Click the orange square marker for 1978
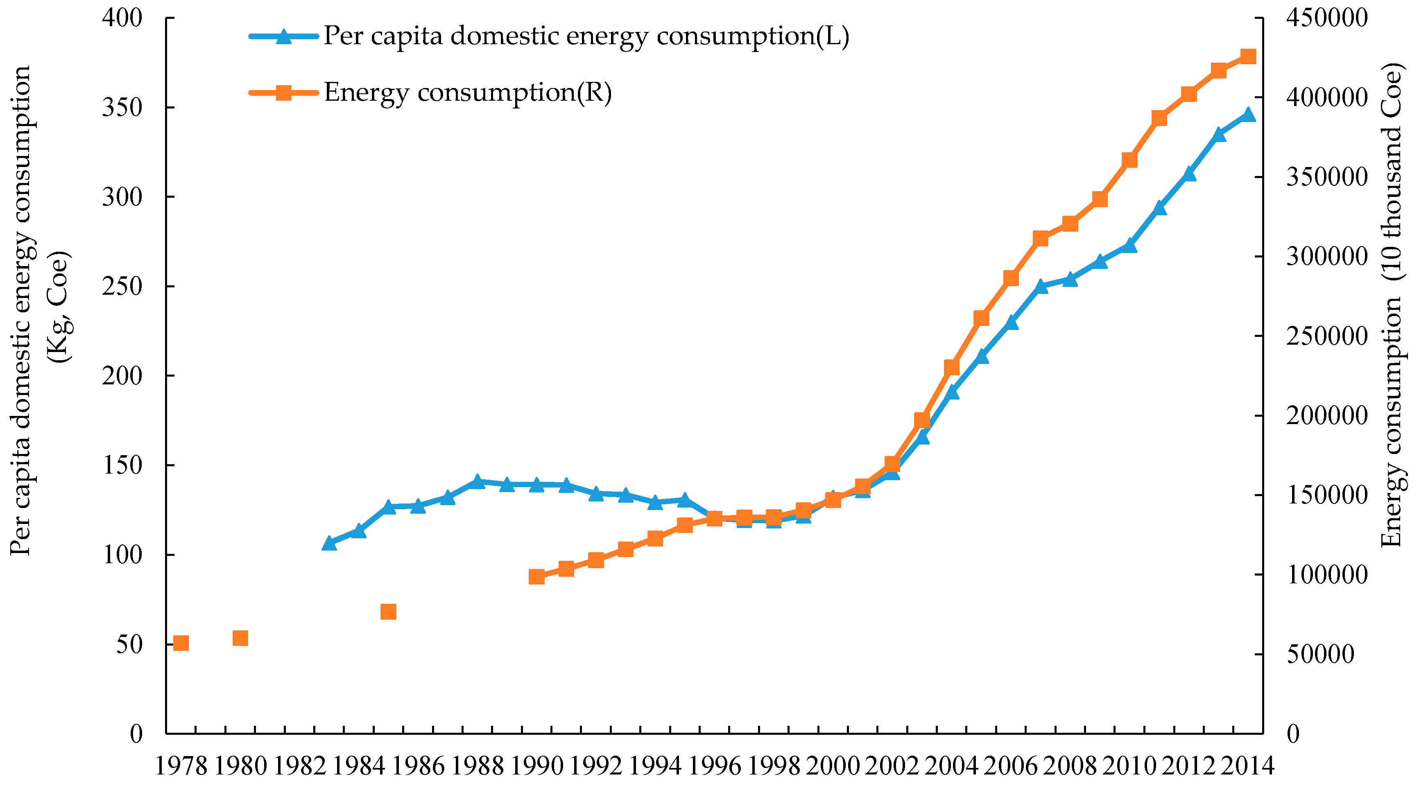[181, 643]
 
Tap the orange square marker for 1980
[240, 638]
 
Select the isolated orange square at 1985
[388, 612]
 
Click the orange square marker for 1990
[536, 576]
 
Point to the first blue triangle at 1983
[329, 543]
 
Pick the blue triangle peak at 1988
[478, 482]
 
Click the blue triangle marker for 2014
[1248, 115]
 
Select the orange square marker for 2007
[1041, 238]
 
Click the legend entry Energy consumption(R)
[467, 93]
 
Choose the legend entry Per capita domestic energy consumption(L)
[586, 36]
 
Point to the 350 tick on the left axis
[122, 107]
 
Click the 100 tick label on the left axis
[122, 555]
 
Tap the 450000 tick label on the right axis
[1326, 18]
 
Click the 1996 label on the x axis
[715, 766]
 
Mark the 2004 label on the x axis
[951, 766]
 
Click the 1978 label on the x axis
[181, 766]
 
